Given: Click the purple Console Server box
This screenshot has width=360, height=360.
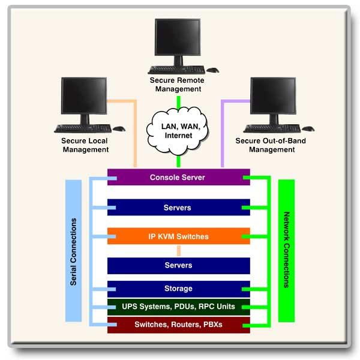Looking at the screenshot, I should [178, 178].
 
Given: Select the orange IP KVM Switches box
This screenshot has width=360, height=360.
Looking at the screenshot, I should [178, 236].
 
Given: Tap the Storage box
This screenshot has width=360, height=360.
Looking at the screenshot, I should [178, 289].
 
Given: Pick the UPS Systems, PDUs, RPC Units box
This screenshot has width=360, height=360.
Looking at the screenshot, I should [178, 307].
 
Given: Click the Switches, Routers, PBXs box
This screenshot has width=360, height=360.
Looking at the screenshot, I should [178, 325].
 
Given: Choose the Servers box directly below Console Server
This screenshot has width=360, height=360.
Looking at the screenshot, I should [178, 208].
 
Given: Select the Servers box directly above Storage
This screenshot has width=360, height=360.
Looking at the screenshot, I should [178, 265].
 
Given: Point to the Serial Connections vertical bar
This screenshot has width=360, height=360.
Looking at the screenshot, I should [73, 252].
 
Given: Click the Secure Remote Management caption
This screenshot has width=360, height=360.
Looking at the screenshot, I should [178, 85].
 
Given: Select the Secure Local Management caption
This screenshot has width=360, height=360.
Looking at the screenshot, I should [85, 145].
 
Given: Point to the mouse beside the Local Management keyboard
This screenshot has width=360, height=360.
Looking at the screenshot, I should [119, 128].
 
